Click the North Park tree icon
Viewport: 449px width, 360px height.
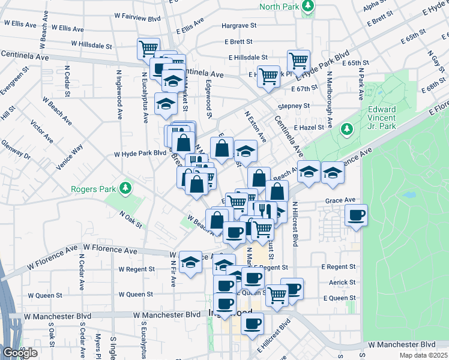[x=308, y=7]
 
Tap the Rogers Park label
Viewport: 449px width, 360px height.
[x=93, y=189]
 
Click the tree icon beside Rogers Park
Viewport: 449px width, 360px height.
[x=125, y=189]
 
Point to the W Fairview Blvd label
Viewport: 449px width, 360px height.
[x=136, y=19]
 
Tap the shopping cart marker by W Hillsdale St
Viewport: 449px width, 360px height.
[x=148, y=48]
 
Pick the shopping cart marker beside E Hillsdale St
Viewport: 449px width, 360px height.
[x=298, y=60]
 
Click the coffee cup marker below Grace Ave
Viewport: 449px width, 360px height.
[x=357, y=215]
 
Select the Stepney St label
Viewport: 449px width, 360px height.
[x=294, y=106]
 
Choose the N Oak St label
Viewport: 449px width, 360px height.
[x=131, y=219]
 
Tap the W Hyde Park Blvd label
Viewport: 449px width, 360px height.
[x=140, y=153]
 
